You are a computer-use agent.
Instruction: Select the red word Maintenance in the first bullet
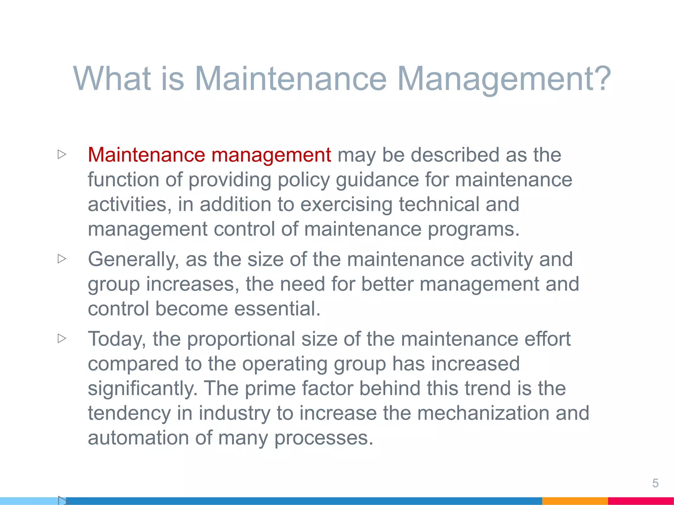pos(146,155)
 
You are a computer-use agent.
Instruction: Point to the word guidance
pos(377,180)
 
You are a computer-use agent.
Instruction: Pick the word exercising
pos(346,204)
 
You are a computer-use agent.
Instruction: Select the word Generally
pos(133,260)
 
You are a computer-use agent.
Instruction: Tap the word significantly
pos(143,389)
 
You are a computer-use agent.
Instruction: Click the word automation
pos(138,438)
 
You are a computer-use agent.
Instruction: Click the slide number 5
pos(655,483)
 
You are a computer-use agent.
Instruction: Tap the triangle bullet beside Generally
pos(62,259)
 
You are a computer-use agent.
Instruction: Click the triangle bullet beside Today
pos(62,338)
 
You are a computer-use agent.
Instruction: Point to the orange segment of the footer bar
pos(575,501)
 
